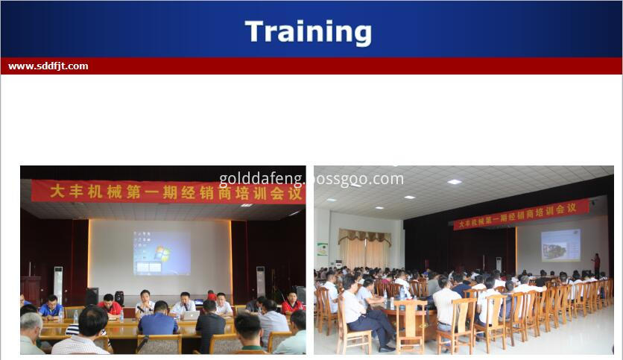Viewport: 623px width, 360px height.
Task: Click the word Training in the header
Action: point(308,32)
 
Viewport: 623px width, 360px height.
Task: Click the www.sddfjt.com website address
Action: point(48,66)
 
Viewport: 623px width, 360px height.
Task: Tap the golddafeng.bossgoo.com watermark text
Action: point(311,179)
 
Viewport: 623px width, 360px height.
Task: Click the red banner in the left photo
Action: point(167,192)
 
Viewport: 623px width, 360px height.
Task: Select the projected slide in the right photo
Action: point(560,244)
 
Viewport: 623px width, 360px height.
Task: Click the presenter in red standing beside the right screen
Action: point(595,263)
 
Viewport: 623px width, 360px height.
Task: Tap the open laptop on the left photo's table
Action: point(191,315)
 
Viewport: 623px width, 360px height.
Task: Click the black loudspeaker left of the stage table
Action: point(91,296)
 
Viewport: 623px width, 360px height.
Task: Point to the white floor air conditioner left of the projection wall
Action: point(57,282)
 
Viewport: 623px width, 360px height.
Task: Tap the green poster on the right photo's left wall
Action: point(322,249)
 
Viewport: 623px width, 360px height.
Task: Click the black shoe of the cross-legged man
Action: point(386,347)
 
